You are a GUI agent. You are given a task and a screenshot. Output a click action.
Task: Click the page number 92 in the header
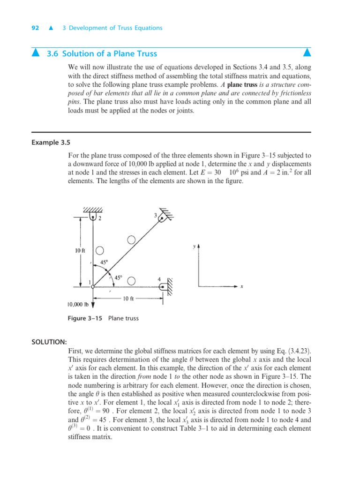pyautogui.click(x=35, y=28)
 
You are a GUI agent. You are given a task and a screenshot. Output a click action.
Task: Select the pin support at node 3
pyautogui.click(x=163, y=217)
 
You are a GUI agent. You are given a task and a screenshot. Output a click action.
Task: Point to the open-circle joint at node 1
pyautogui.click(x=93, y=286)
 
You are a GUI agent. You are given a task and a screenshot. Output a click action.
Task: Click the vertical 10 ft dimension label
pyautogui.click(x=80, y=250)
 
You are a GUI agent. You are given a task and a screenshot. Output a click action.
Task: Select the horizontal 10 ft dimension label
pyautogui.click(x=129, y=299)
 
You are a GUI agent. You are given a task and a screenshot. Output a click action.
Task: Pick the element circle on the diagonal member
pyautogui.click(x=131, y=240)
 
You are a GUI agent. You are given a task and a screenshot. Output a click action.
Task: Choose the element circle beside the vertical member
pyautogui.click(x=99, y=251)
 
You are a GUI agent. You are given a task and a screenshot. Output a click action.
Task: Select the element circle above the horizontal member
pyautogui.click(x=132, y=281)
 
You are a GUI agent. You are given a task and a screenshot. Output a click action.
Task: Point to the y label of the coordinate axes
pyautogui.click(x=194, y=245)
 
